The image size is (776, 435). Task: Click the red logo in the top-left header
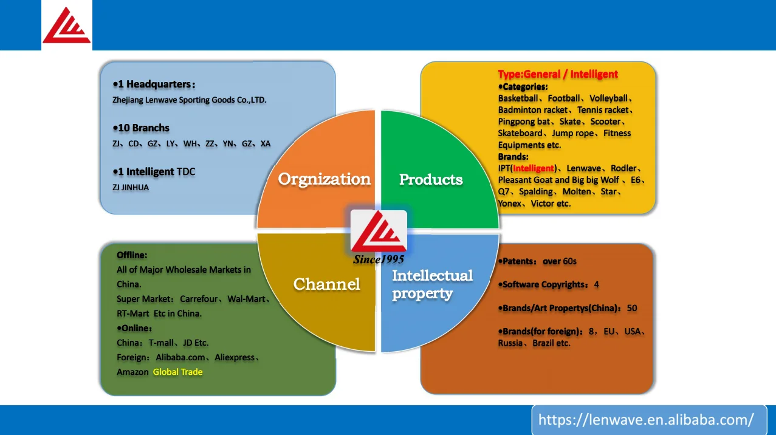[66, 26]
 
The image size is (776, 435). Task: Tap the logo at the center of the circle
[379, 231]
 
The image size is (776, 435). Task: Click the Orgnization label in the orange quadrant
[324, 179]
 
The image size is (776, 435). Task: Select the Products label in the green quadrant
[431, 179]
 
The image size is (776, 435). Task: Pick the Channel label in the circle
[326, 284]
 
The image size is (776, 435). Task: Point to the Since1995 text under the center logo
[379, 259]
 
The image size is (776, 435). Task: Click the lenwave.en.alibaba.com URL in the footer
[646, 420]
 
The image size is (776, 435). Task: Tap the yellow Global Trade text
[177, 372]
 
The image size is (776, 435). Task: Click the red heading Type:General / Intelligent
[558, 74]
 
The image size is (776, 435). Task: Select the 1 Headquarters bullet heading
[154, 84]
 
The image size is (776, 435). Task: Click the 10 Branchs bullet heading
[141, 128]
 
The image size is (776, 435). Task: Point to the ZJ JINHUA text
[131, 187]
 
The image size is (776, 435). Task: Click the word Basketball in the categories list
[518, 98]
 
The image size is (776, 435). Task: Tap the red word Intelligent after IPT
[534, 168]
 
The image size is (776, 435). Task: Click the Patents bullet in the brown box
[537, 261]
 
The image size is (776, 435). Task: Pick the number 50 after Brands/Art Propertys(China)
[632, 308]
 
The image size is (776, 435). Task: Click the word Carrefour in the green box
[199, 299]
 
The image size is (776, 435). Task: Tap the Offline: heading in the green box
[132, 255]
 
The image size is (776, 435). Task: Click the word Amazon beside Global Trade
[132, 372]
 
